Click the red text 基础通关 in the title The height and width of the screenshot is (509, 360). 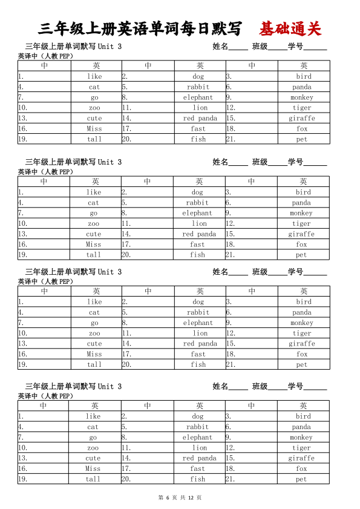tap(290, 28)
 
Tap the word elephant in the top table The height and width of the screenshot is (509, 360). tap(198, 97)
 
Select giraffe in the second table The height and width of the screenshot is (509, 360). tap(301, 234)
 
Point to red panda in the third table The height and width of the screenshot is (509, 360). tap(200, 344)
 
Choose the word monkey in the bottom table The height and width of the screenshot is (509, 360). tap(301, 438)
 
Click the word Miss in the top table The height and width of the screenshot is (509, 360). tap(94, 129)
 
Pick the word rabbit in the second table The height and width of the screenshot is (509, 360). tap(197, 203)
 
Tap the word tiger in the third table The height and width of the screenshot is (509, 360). tap(302, 333)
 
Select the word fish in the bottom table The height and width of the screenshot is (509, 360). tap(198, 479)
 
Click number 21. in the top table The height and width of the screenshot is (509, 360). tap(230, 139)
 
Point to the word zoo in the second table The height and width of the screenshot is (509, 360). tap(93, 224)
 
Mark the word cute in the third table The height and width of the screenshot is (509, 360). tap(94, 344)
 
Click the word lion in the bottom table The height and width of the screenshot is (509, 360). tap(200, 448)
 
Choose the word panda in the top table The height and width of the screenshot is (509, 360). tap(302, 87)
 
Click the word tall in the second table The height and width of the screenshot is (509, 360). tap(93, 255)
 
